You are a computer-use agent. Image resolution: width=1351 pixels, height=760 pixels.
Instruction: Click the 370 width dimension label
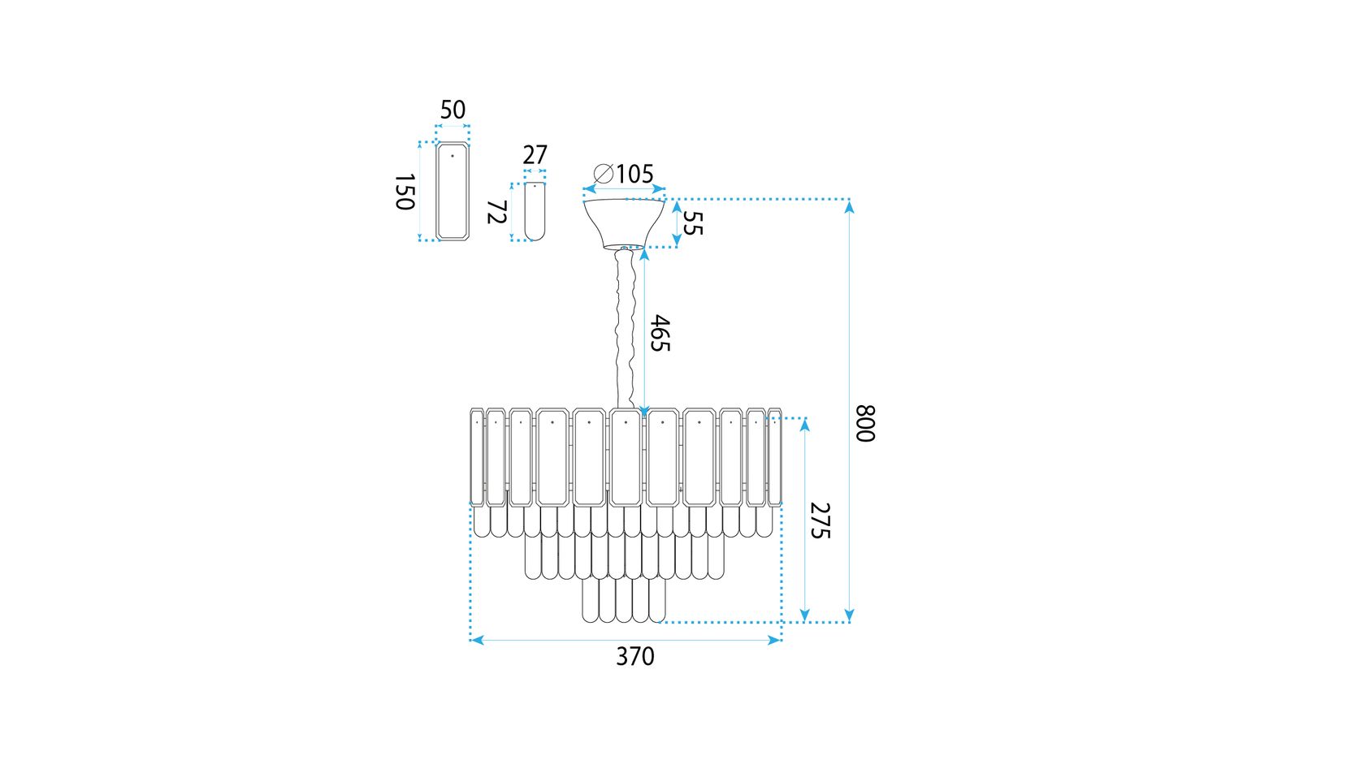coord(634,656)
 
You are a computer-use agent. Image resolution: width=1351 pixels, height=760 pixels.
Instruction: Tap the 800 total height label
coord(865,424)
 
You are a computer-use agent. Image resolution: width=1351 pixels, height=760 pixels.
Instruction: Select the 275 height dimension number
coord(821,520)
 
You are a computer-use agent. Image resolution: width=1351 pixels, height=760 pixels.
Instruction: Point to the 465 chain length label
coord(660,333)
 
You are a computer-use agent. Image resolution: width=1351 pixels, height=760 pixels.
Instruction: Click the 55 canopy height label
coord(693,223)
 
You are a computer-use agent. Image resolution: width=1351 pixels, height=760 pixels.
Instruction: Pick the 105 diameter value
coord(634,175)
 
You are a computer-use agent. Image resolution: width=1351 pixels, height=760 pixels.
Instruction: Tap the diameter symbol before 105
coord(603,175)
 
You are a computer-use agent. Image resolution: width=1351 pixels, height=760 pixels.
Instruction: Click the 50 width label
coord(452,110)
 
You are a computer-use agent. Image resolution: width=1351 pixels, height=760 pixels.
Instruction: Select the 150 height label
coord(405,192)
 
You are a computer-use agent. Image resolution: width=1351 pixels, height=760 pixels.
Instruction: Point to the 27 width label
coord(535,155)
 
